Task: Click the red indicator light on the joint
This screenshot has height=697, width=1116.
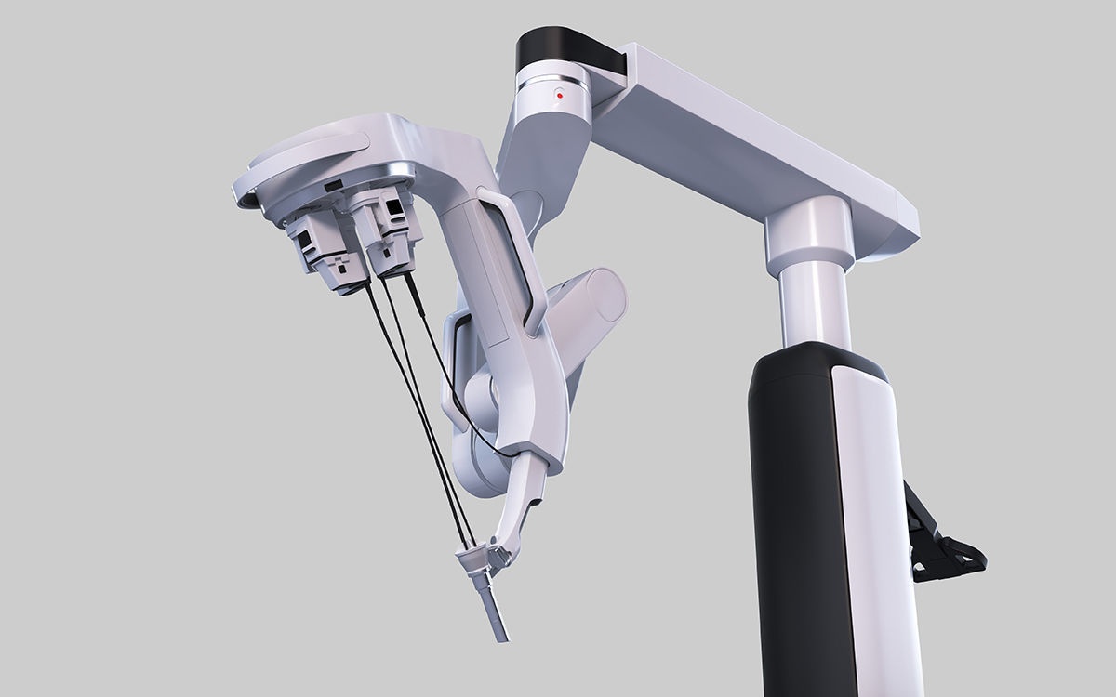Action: click(x=558, y=94)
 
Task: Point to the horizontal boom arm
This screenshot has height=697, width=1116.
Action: click(x=744, y=139)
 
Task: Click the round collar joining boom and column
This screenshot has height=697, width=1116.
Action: click(x=808, y=232)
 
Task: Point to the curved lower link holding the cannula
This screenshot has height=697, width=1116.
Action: click(x=521, y=502)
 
